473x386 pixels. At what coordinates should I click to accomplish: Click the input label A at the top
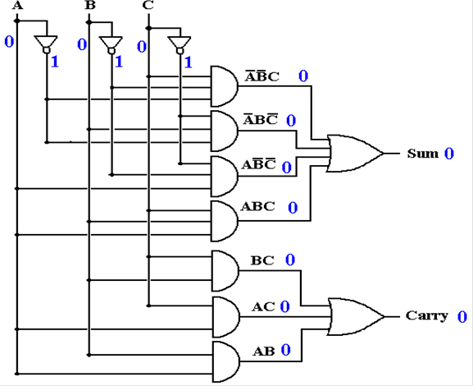[x=17, y=6]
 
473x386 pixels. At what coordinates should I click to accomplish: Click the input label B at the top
[x=90, y=6]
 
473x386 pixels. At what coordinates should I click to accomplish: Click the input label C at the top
[x=148, y=6]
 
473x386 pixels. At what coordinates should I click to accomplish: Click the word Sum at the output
[x=422, y=154]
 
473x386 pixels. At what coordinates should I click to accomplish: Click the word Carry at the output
[x=426, y=315]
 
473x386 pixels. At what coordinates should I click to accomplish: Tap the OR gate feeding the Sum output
[x=355, y=154]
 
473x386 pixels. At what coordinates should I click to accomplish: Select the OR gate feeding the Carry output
[x=356, y=317]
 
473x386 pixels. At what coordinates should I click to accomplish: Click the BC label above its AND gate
[x=262, y=260]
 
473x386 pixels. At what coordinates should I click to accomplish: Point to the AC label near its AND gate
[x=263, y=307]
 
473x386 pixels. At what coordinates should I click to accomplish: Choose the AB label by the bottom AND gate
[x=264, y=352]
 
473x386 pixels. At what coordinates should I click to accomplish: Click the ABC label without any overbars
[x=258, y=206]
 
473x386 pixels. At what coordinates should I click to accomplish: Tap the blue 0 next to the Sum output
[x=449, y=154]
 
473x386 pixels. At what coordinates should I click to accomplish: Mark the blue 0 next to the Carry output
[x=462, y=317]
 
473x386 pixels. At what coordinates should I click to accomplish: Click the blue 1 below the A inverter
[x=55, y=62]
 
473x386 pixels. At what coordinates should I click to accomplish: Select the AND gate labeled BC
[x=225, y=271]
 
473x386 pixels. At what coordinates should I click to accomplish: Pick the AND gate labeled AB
[x=226, y=362]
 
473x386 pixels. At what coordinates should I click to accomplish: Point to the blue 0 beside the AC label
[x=284, y=306]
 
